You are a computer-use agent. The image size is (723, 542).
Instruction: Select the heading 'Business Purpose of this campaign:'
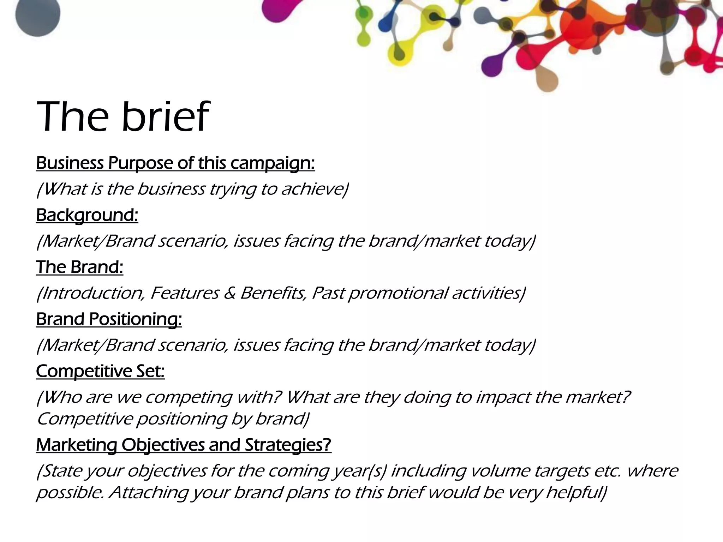175,163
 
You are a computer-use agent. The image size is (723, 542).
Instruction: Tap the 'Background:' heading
87,215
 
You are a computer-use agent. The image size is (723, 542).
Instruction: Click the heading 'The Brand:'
79,267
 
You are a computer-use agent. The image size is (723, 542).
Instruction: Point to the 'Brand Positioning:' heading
109,319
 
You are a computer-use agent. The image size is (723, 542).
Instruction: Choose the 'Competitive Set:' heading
100,371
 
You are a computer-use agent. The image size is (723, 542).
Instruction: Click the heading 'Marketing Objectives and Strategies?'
184,445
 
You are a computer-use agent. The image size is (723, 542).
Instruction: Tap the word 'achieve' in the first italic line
313,189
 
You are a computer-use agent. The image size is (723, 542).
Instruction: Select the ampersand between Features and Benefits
229,293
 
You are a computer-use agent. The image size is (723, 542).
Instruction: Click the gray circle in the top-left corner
38,14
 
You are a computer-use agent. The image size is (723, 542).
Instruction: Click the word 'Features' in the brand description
184,293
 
